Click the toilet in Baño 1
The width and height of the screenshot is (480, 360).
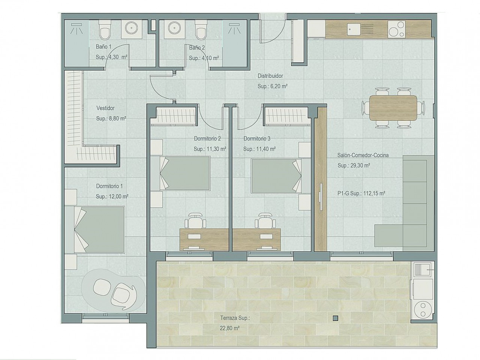click(x=105, y=30)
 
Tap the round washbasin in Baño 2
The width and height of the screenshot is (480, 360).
click(x=174, y=28)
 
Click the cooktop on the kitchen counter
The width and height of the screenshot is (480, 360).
click(x=396, y=29)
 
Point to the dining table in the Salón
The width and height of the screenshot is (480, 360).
click(x=393, y=108)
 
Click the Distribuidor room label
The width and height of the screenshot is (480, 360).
click(x=270, y=76)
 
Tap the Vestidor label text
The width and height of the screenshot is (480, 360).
click(x=105, y=108)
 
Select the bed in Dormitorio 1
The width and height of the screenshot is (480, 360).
click(x=94, y=230)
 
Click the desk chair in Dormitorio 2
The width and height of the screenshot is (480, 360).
click(x=195, y=221)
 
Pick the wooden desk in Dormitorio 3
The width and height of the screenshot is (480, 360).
click(x=256, y=239)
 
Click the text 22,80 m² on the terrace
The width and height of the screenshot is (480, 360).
click(x=230, y=328)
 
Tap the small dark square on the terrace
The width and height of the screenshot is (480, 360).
click(x=336, y=318)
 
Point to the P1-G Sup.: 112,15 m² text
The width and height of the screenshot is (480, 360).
click(x=361, y=193)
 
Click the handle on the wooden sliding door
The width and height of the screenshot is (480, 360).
click(x=321, y=197)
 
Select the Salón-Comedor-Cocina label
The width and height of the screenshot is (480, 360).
click(x=363, y=155)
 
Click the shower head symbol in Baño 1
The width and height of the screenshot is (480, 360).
click(x=76, y=28)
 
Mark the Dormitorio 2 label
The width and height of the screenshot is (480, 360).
click(x=207, y=139)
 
